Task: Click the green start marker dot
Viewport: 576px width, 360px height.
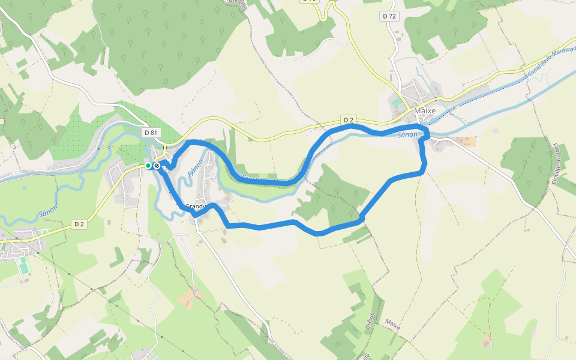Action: [148, 166]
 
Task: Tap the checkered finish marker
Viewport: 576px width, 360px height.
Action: [157, 166]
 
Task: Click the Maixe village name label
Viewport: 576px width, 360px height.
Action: [424, 110]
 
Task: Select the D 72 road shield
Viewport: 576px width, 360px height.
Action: [389, 16]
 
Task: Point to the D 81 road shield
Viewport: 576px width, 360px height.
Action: [151, 132]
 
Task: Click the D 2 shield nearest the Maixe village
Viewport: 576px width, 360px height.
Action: [349, 121]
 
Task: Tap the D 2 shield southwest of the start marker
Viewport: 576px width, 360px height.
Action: [79, 224]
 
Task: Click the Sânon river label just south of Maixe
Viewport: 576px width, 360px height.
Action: [407, 135]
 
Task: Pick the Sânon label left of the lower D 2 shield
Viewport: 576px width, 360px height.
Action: [48, 213]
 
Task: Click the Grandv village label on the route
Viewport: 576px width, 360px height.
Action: [195, 207]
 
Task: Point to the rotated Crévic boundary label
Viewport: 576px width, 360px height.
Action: [370, 322]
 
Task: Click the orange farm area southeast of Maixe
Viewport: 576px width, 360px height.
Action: [467, 142]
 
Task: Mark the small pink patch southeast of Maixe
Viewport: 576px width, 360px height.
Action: [495, 130]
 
